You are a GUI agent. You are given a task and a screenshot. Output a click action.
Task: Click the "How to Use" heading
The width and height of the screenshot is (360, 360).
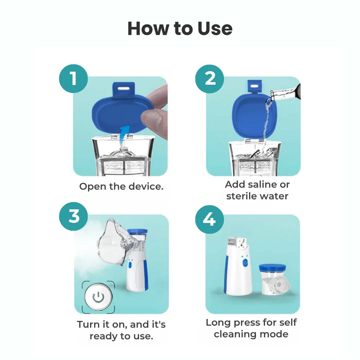[180, 29]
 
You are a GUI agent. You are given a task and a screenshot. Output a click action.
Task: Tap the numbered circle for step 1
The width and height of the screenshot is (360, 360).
[73, 79]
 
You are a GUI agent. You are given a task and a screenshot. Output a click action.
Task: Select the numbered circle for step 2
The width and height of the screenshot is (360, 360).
[210, 79]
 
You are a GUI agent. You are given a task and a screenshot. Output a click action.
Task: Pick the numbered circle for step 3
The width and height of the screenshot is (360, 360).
[73, 217]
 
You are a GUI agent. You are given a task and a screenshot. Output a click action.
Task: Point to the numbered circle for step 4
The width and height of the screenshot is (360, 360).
[209, 219]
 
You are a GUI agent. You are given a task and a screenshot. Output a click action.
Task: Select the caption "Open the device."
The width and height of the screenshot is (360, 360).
[121, 186]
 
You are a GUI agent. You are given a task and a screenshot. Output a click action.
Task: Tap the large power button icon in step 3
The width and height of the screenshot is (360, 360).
[98, 297]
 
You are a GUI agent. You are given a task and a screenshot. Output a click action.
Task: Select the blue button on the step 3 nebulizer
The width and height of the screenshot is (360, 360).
[131, 265]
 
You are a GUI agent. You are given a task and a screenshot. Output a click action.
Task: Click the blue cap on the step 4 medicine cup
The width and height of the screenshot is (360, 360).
[272, 268]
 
